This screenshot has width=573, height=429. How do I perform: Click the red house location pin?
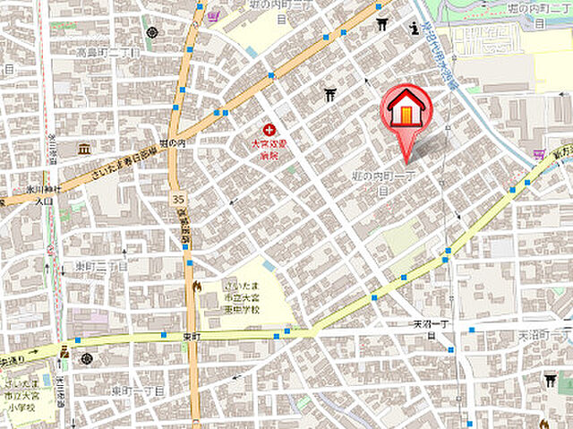pos(407,112)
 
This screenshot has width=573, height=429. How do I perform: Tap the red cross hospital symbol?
pos(269,130)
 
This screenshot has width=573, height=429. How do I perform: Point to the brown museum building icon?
pos(84,148)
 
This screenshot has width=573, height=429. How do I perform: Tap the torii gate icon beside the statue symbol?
pos(382,25)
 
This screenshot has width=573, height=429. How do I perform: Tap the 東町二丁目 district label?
pos(100,266)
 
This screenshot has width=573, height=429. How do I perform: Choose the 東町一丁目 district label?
pos(136,391)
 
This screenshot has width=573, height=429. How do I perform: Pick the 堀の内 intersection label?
pos(172,142)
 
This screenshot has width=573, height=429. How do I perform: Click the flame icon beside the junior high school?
pos(196,287)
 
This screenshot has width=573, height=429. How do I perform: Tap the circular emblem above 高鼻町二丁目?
pos(150,33)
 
